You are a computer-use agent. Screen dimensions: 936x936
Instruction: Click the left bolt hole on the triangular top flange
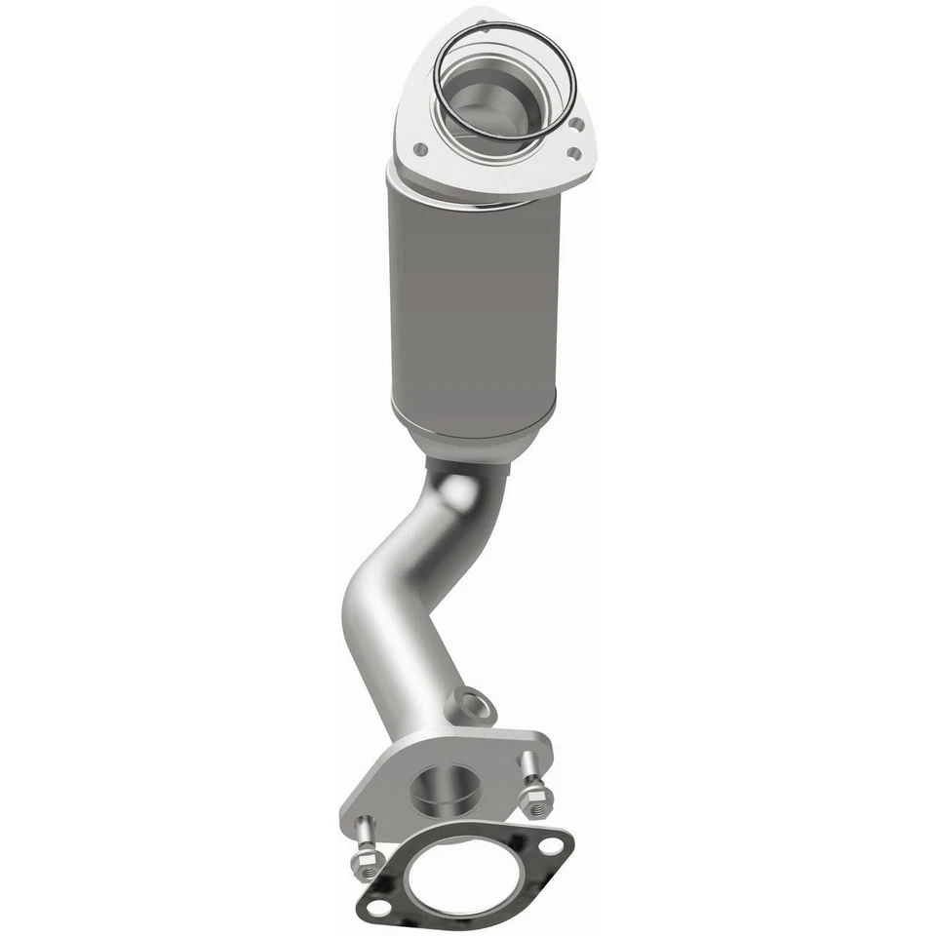(x=420, y=149)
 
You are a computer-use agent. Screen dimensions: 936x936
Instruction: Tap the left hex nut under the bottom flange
(x=367, y=862)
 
